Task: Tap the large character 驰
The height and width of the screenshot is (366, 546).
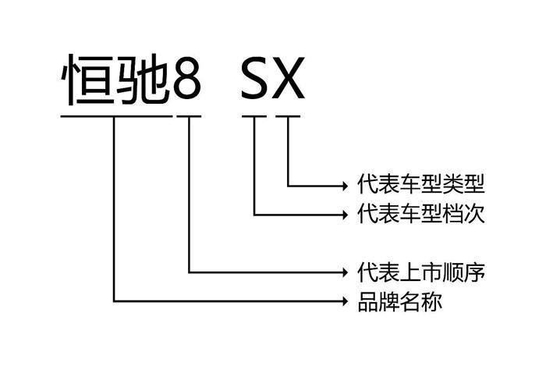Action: [143, 80]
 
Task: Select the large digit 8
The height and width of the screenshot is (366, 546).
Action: [187, 80]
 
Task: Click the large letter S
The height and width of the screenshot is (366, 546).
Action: [255, 78]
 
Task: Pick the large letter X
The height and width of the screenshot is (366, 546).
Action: [289, 78]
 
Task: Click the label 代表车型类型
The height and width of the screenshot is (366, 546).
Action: [421, 183]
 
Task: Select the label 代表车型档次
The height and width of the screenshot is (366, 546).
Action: [421, 213]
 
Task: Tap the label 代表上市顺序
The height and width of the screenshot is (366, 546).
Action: [421, 272]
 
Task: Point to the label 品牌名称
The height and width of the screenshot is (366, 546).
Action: [399, 301]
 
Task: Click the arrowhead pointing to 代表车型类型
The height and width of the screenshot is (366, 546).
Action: [346, 186]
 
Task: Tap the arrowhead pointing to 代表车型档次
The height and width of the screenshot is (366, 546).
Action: [346, 215]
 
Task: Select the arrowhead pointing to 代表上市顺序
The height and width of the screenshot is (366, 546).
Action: [346, 272]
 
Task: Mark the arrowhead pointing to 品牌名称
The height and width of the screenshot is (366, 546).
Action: [346, 301]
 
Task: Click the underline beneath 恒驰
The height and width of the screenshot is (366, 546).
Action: [117, 116]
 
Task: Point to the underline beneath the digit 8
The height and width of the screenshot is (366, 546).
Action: [189, 116]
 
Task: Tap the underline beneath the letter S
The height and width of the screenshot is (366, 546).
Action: [254, 116]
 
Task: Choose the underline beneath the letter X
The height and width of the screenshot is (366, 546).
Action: [288, 116]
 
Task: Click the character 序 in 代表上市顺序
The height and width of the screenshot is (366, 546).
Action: [474, 272]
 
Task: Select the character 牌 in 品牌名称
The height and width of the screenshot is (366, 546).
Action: [389, 301]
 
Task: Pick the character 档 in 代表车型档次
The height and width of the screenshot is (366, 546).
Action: [453, 213]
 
